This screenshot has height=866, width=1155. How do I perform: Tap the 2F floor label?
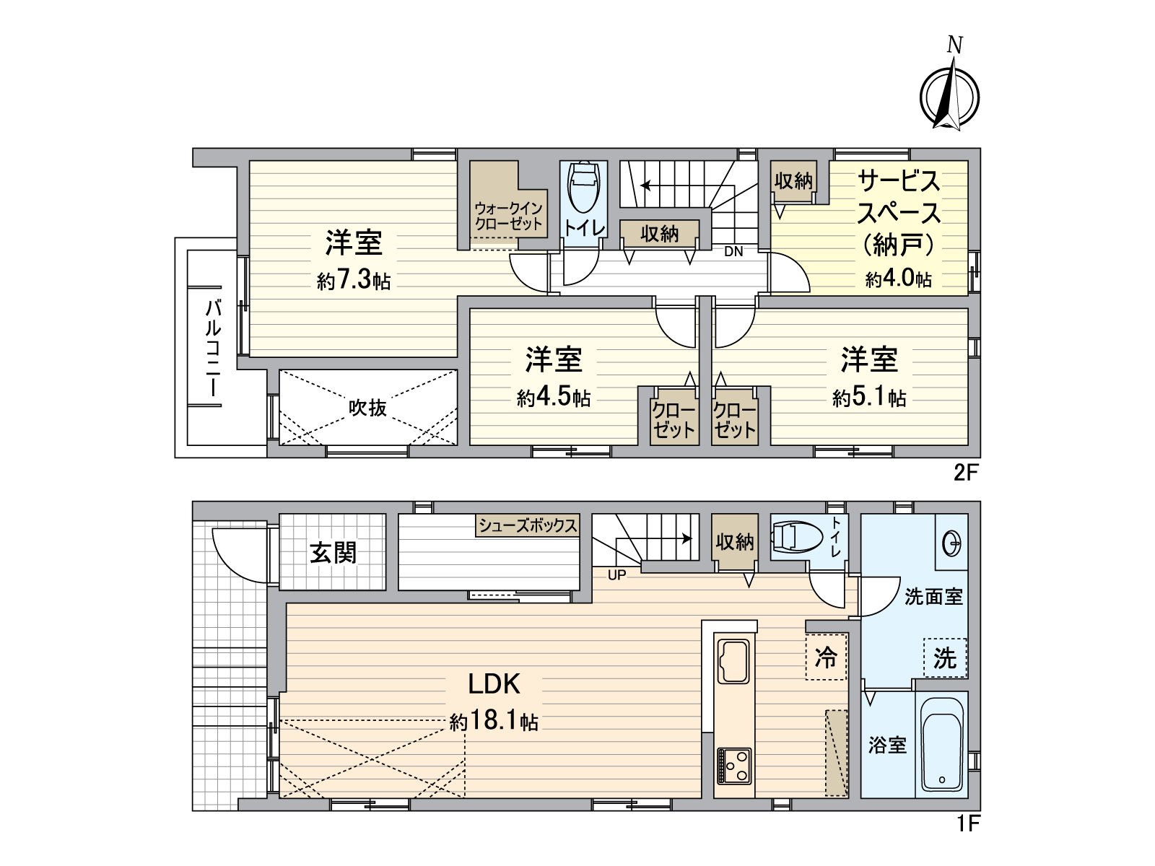(966, 473)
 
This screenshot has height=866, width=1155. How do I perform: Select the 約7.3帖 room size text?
(354, 281)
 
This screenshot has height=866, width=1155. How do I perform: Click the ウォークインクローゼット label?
(508, 216)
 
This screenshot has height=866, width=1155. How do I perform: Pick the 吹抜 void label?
(368, 408)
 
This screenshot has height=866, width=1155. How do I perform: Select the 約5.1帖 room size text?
(869, 397)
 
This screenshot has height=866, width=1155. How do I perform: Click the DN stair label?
(733, 252)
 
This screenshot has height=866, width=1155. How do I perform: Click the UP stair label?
(616, 575)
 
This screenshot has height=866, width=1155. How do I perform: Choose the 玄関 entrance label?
(334, 553)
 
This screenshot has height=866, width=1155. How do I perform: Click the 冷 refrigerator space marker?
(826, 657)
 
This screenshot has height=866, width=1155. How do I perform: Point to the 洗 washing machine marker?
(945, 658)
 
